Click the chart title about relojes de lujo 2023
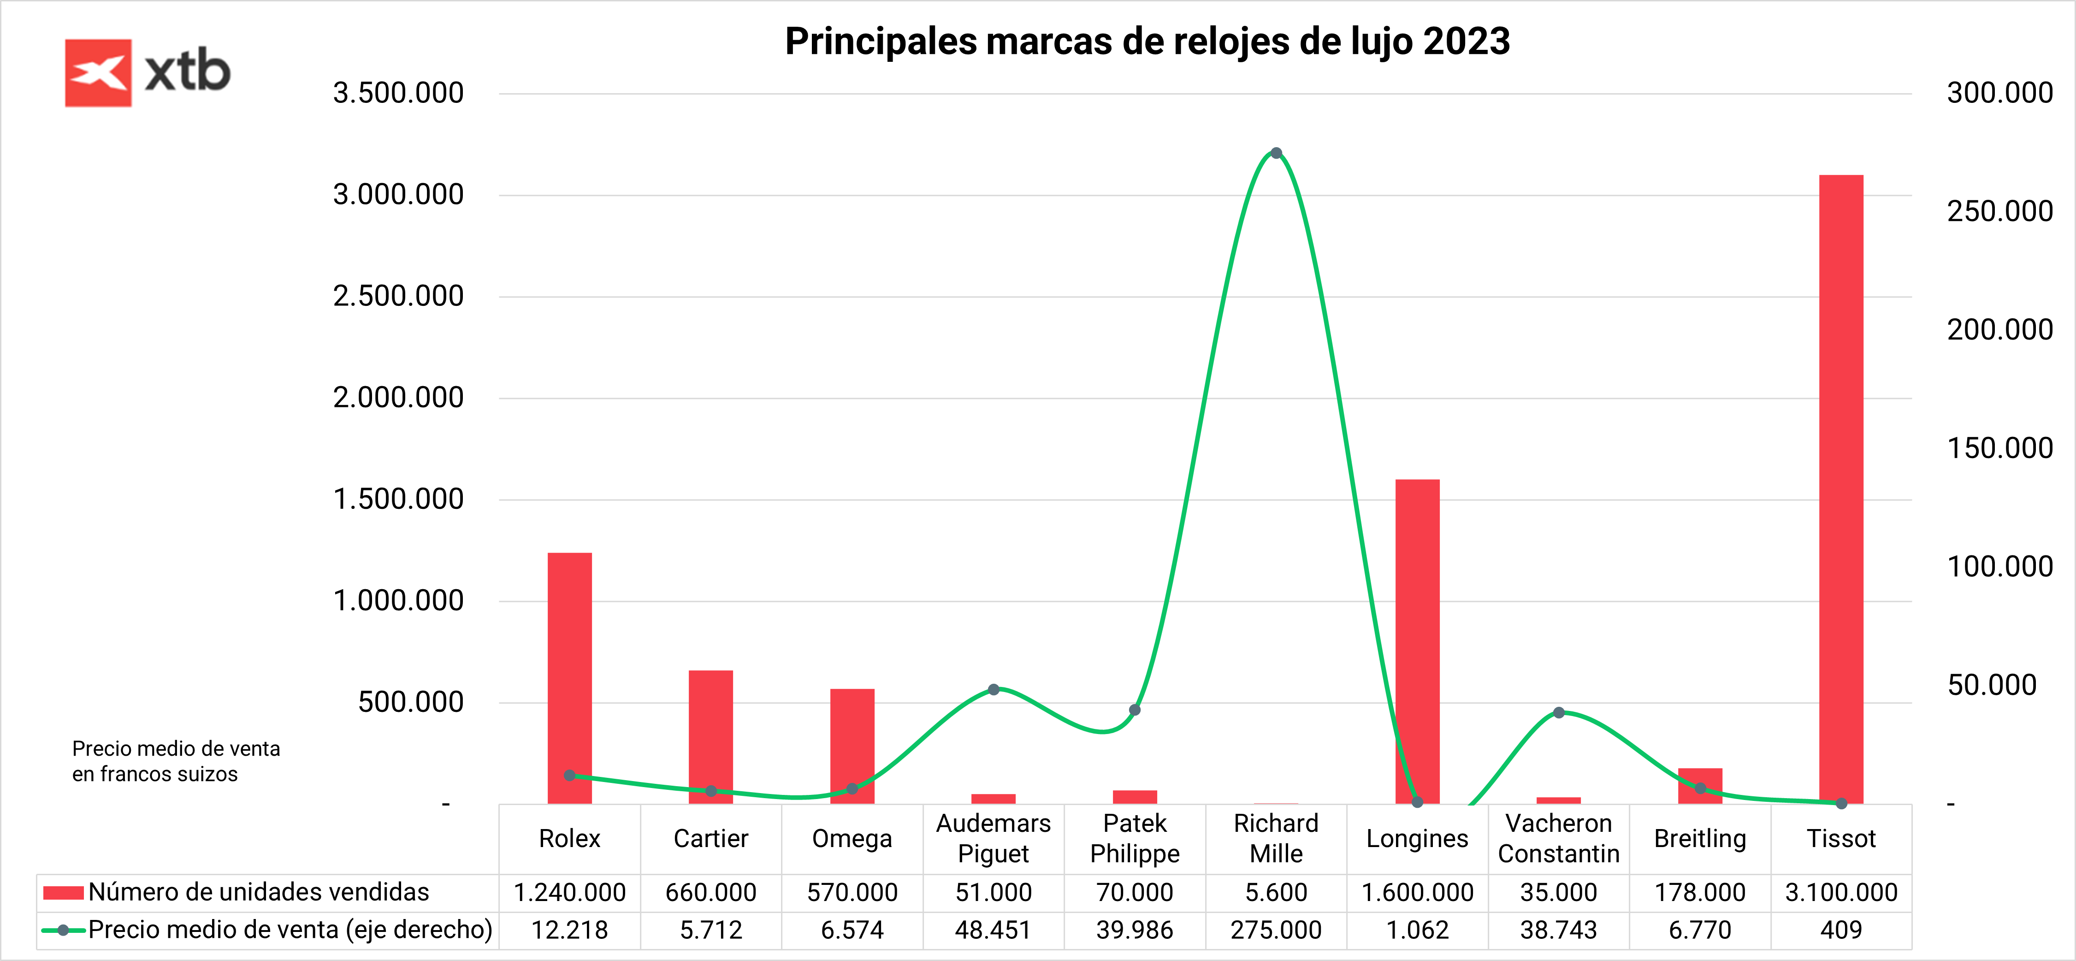pyautogui.click(x=1147, y=42)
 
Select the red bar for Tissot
pyautogui.click(x=1841, y=483)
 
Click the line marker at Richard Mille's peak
pyautogui.click(x=1276, y=153)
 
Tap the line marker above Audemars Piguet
pyautogui.click(x=994, y=689)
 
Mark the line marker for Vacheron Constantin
pyautogui.click(x=1559, y=713)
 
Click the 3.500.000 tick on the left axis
pyautogui.click(x=398, y=94)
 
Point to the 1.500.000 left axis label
pyautogui.click(x=398, y=500)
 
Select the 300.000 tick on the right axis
pyautogui.click(x=1999, y=94)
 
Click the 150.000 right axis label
pyautogui.click(x=1999, y=448)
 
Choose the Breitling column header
pyautogui.click(x=1700, y=838)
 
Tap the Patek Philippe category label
pyautogui.click(x=1135, y=838)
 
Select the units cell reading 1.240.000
pyautogui.click(x=570, y=892)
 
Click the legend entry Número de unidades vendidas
pyautogui.click(x=258, y=892)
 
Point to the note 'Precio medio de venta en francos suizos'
pyautogui.click(x=176, y=761)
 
